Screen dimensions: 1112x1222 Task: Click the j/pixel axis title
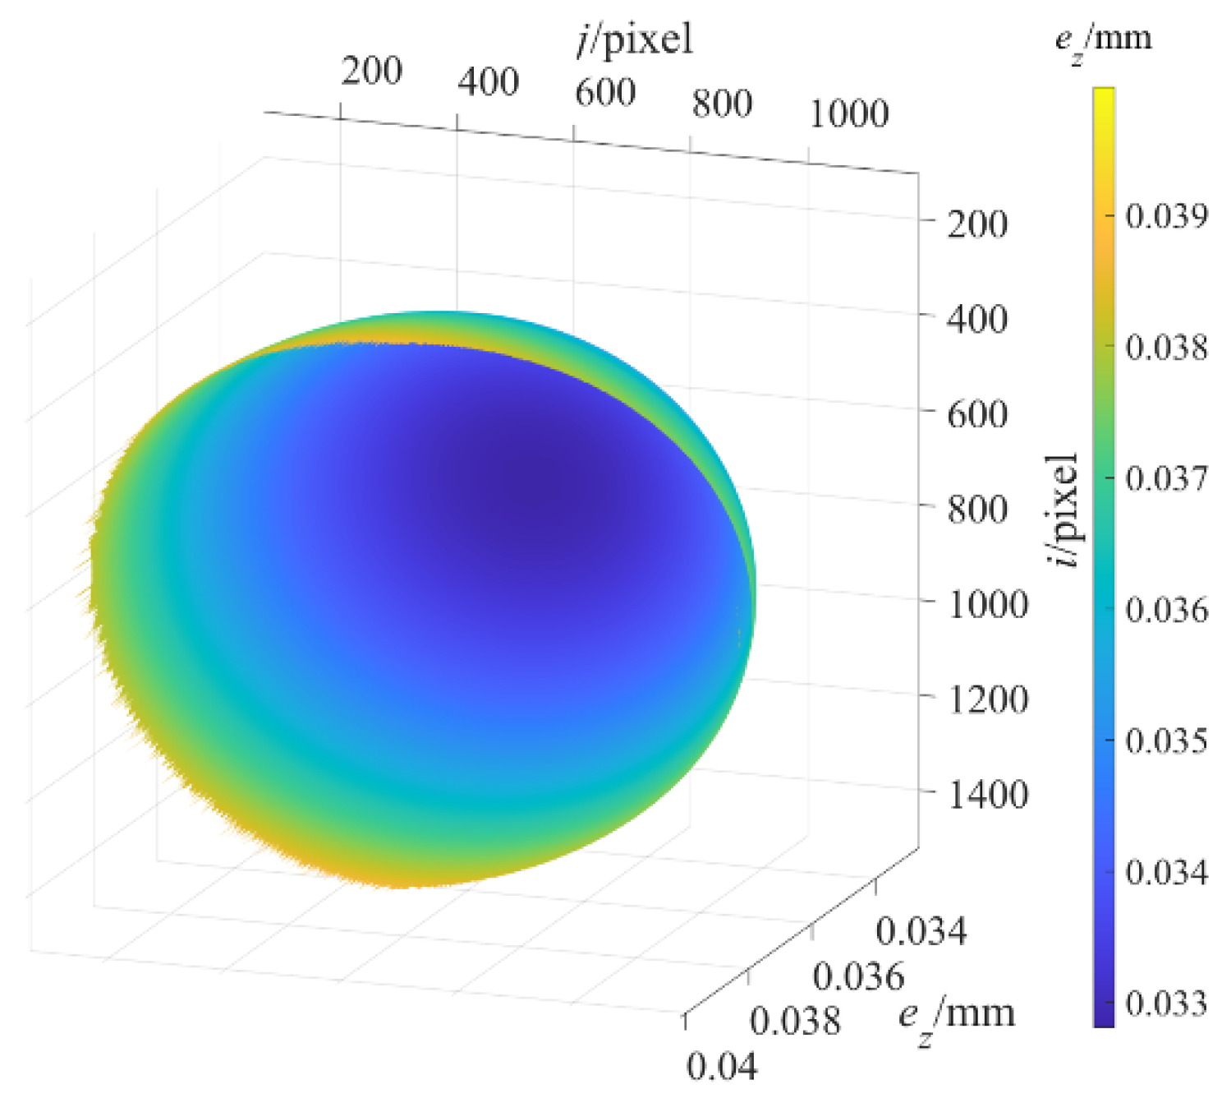635,40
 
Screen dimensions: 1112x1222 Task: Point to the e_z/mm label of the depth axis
957,1016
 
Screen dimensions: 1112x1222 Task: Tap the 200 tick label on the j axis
371,72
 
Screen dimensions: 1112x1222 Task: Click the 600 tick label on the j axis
604,93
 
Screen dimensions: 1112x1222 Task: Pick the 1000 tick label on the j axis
848,113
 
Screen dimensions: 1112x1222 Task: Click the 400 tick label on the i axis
976,319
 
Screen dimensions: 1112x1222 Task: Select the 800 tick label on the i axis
976,510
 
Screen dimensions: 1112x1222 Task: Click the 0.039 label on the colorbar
1166,216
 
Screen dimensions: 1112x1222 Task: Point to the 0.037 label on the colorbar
1166,478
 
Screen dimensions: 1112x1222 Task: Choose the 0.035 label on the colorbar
1166,741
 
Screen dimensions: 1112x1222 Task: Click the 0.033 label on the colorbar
1166,1004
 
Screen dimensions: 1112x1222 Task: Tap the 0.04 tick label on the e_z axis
722,1068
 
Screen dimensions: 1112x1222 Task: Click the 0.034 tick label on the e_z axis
921,932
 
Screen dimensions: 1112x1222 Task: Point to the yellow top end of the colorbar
1104,95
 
